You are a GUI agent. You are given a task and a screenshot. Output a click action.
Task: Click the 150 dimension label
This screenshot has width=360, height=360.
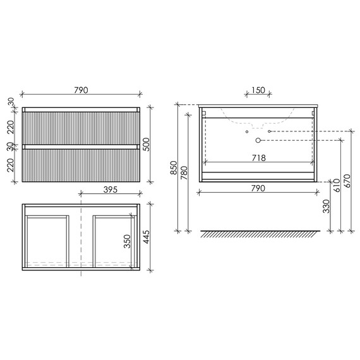point(258,90)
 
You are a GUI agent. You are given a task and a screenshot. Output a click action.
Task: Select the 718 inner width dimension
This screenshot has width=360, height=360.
point(259,158)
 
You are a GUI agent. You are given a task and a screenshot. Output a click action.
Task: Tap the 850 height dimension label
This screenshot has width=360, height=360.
point(174,167)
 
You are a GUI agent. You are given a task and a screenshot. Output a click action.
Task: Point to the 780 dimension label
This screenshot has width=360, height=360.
point(184,172)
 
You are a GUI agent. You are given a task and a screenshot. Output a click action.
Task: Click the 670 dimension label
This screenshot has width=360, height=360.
point(347,181)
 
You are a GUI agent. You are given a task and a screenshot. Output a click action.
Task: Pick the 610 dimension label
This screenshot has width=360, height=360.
point(337,186)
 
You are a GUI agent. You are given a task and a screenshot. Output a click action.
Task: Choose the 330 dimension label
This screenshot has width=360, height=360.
point(327,206)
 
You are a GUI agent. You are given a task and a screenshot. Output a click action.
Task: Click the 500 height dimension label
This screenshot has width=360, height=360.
point(146,145)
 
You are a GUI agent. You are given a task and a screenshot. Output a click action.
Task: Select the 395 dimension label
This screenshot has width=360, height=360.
point(111,189)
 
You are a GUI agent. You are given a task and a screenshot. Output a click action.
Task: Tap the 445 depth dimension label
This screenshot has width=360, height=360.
point(146,237)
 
